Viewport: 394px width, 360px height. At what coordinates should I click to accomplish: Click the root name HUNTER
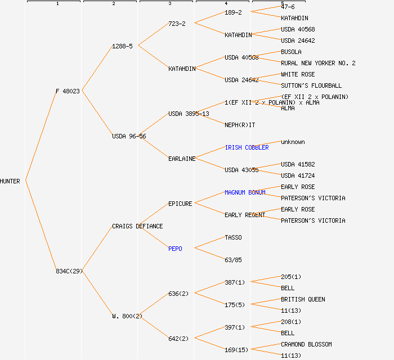point(10,181)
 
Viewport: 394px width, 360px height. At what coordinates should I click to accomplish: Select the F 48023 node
point(68,91)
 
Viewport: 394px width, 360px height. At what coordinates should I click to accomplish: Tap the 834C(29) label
point(69,271)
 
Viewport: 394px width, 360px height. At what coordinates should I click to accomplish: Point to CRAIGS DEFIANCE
point(137,226)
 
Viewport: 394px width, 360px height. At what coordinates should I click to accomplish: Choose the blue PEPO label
point(175,249)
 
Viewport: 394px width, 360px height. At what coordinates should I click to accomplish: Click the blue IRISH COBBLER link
point(247,147)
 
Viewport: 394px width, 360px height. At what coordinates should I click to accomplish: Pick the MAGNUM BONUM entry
point(245,192)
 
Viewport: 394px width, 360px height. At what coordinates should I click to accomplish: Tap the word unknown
point(293,142)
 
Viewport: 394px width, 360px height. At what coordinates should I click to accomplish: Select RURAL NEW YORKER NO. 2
point(318,63)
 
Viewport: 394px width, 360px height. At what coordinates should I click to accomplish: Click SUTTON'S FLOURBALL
point(311,85)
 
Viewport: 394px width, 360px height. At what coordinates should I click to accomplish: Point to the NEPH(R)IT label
point(240,125)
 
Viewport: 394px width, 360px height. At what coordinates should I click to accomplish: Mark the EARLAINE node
point(182,159)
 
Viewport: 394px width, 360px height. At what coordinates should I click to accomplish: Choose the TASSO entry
point(233,237)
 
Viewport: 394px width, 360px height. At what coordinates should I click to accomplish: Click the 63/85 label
point(233,260)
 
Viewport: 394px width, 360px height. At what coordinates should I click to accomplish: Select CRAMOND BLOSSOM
point(306,344)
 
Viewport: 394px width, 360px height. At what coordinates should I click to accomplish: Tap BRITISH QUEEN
point(303,299)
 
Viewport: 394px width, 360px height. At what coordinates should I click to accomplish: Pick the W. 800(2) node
point(127,316)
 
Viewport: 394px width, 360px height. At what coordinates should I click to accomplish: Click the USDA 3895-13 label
point(189,114)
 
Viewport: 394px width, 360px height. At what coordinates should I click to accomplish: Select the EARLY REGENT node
point(245,215)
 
